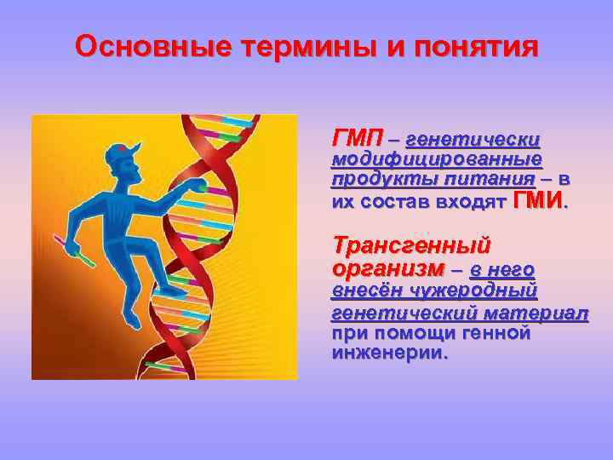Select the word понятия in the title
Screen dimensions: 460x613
477,47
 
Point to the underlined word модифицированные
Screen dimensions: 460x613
437,159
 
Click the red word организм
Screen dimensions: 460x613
388,268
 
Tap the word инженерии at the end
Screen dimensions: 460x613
388,353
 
